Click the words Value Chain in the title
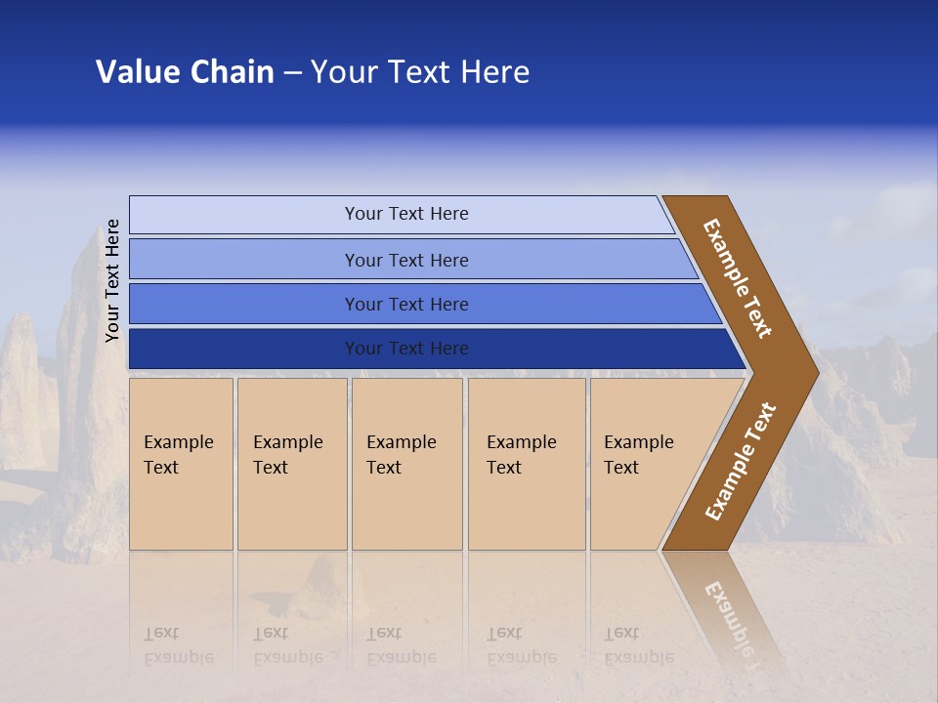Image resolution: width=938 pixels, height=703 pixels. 185,72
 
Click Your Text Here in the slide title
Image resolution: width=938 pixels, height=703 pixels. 420,72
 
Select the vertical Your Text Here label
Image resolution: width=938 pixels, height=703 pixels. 112,280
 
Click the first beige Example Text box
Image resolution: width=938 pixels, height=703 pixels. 181,464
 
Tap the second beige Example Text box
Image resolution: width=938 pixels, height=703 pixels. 291,464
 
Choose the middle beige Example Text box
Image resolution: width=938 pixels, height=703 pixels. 406,464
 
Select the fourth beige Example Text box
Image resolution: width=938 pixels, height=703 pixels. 527,464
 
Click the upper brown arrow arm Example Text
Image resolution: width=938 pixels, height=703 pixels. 739,279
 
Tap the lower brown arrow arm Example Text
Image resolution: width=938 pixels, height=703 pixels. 741,461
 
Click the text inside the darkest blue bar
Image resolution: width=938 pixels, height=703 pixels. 406,349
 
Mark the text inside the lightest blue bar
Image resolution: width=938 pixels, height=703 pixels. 406,214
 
